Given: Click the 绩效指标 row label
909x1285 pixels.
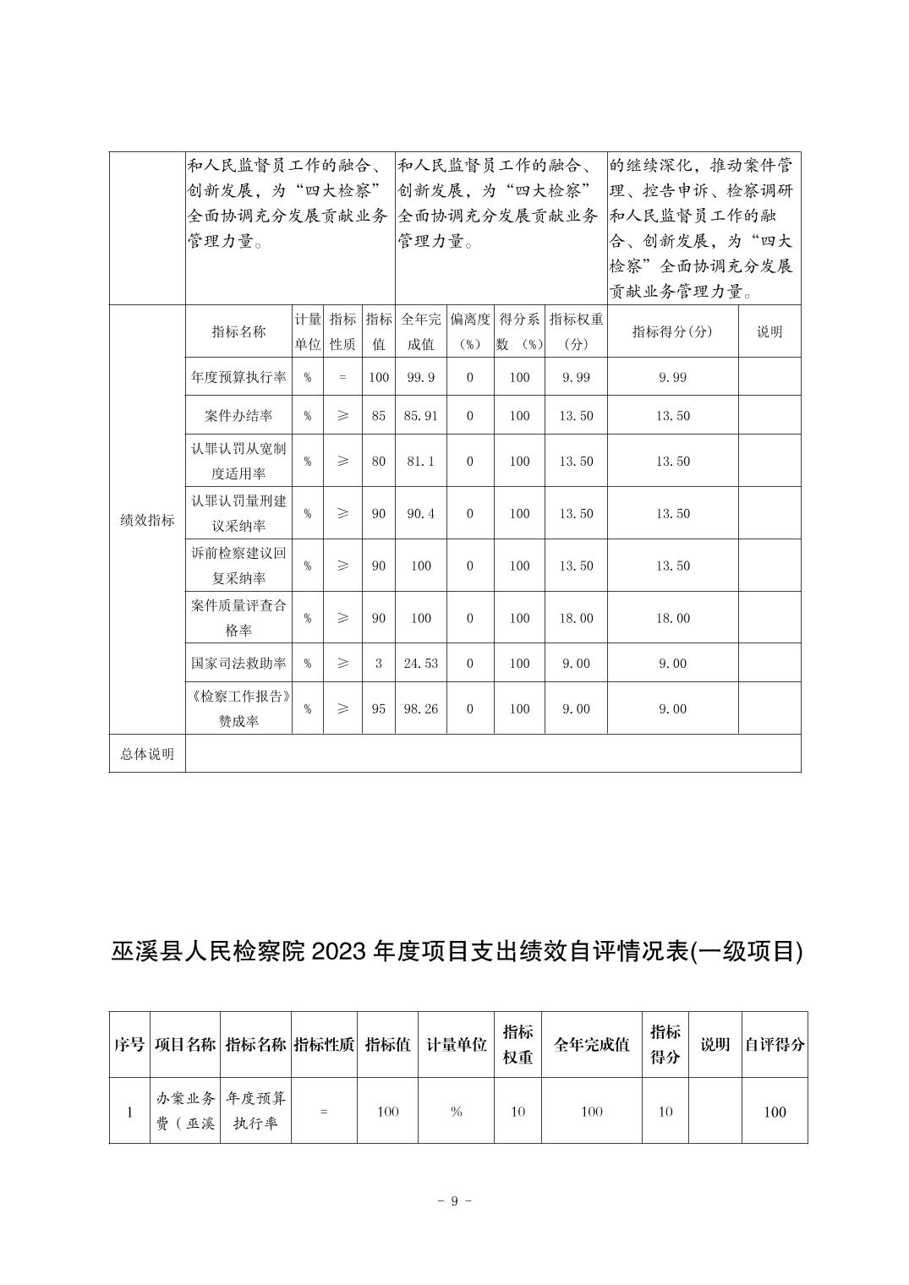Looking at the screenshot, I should [x=147, y=520].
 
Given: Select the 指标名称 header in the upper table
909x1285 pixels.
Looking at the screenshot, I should [x=238, y=331].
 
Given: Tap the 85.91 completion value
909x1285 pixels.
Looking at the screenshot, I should [x=421, y=416].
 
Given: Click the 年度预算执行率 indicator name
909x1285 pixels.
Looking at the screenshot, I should [x=238, y=377].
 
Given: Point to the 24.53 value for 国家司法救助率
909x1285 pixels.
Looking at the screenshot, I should [x=421, y=664].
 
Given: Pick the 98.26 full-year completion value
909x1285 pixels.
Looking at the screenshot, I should [x=421, y=709].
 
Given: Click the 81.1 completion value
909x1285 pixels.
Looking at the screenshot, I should [x=421, y=462].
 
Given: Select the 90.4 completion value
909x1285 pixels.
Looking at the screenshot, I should [x=421, y=514].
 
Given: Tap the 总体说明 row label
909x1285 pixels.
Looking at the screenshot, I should [x=147, y=754].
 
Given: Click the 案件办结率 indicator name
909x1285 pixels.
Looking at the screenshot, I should [x=238, y=416].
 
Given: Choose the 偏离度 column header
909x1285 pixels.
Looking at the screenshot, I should [x=470, y=331].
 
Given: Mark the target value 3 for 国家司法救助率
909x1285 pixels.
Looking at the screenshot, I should [x=378, y=664].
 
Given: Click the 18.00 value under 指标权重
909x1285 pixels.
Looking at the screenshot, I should [x=576, y=619].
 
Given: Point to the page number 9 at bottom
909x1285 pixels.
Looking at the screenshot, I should [x=454, y=1201].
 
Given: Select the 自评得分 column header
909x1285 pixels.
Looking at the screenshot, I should [x=775, y=1045].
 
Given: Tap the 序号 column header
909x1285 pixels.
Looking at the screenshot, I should [x=129, y=1045].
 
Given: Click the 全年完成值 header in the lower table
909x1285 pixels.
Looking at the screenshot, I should [x=592, y=1045].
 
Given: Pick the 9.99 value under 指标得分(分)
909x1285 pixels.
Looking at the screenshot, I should [x=673, y=377].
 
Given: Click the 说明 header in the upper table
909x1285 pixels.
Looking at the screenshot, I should [x=769, y=331].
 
